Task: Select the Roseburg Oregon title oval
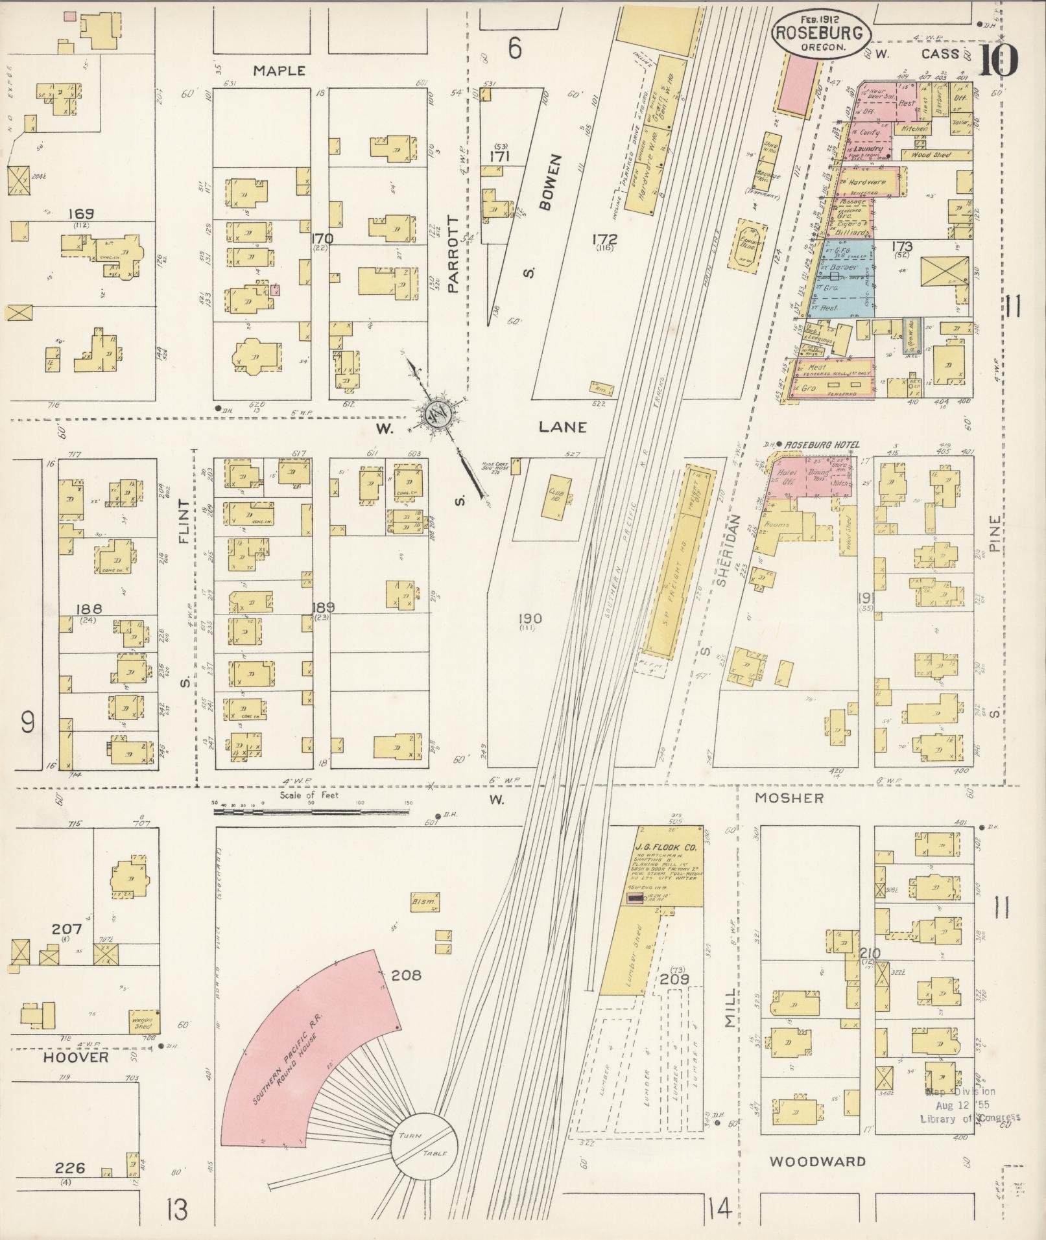pyautogui.click(x=820, y=34)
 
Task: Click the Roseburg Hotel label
pyautogui.click(x=822, y=445)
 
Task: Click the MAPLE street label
pyautogui.click(x=279, y=71)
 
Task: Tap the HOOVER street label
pyautogui.click(x=77, y=1057)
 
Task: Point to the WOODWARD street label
pyautogui.click(x=817, y=1162)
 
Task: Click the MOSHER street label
pyautogui.click(x=789, y=799)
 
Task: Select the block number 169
pyautogui.click(x=80, y=213)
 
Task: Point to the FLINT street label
pyautogui.click(x=184, y=521)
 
